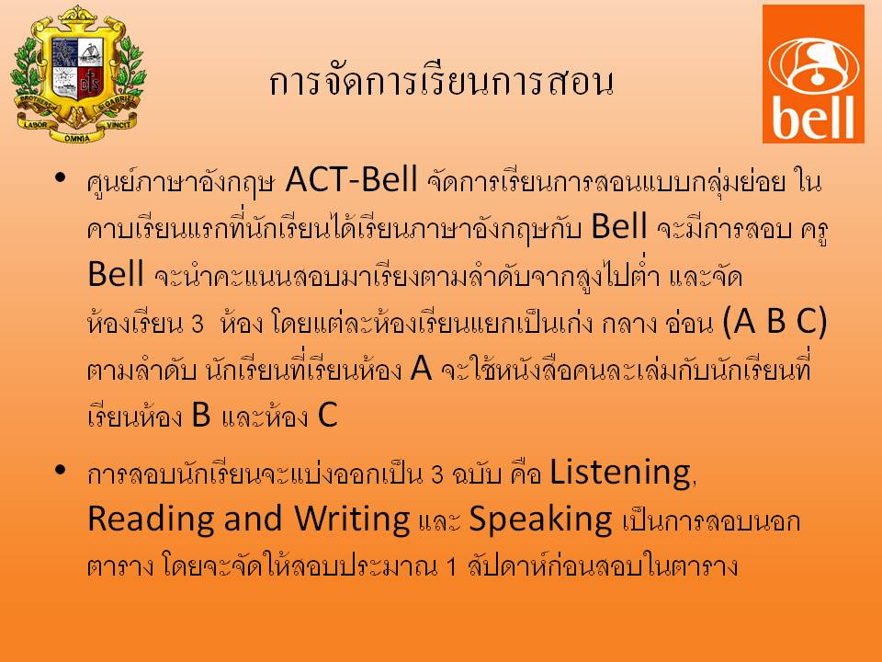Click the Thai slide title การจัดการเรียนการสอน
point(441,82)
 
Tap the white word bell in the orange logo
point(813,117)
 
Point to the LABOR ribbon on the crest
point(35,123)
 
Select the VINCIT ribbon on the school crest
point(119,124)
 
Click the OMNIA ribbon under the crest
point(76,137)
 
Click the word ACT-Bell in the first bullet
point(352,179)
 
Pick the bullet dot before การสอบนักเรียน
point(61,470)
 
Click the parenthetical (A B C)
point(774,322)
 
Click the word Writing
point(352,519)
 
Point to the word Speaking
point(540,519)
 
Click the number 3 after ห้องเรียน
point(197,325)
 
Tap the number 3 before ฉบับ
point(437,474)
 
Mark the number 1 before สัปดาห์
point(451,567)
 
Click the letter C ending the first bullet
point(327,415)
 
